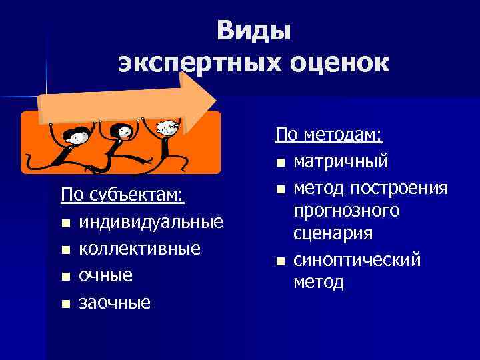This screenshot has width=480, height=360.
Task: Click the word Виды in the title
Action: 253,31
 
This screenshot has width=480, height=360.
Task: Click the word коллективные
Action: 139,248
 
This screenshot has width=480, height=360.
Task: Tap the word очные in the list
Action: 105,275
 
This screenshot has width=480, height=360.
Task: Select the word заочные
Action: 115,303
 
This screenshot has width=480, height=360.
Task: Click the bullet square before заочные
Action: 65,304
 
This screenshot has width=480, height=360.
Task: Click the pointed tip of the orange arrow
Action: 215,101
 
